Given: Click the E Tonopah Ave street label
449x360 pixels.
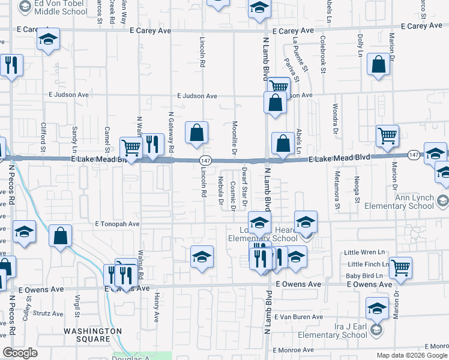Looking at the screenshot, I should pyautogui.click(x=117, y=224).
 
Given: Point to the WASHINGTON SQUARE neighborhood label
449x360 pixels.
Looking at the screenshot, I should pyautogui.click(x=92, y=335).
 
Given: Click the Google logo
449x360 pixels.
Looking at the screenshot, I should pyautogui.click(x=20, y=353).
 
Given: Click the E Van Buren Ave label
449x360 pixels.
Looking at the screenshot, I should pyautogui.click(x=298, y=316).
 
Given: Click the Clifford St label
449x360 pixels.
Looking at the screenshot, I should pyautogui.click(x=43, y=136).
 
